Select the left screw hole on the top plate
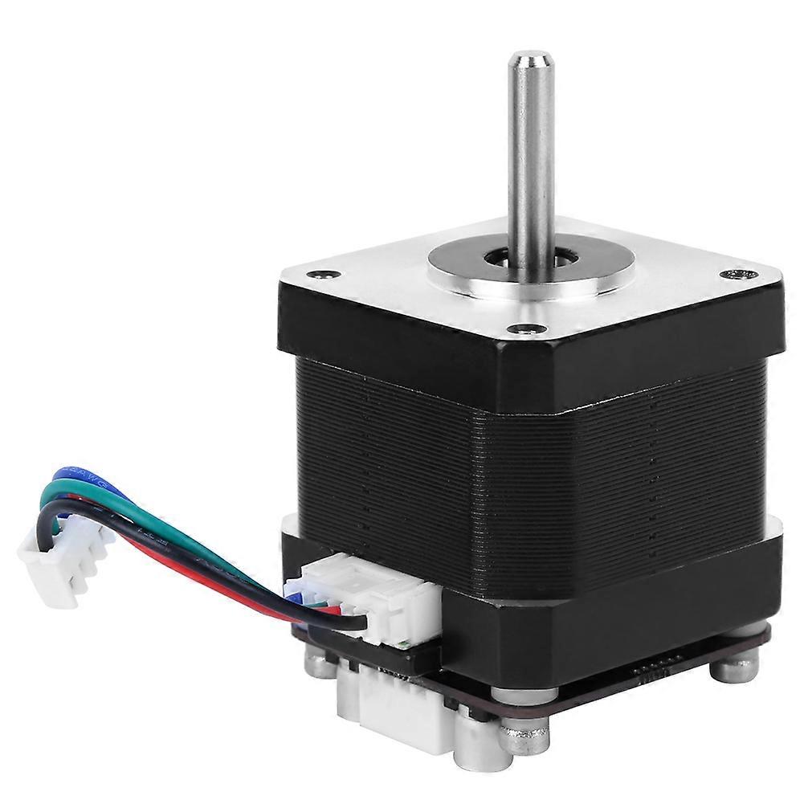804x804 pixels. coord(323,274)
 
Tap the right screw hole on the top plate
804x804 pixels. coord(733,274)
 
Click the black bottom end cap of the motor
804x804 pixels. coord(610,610)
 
